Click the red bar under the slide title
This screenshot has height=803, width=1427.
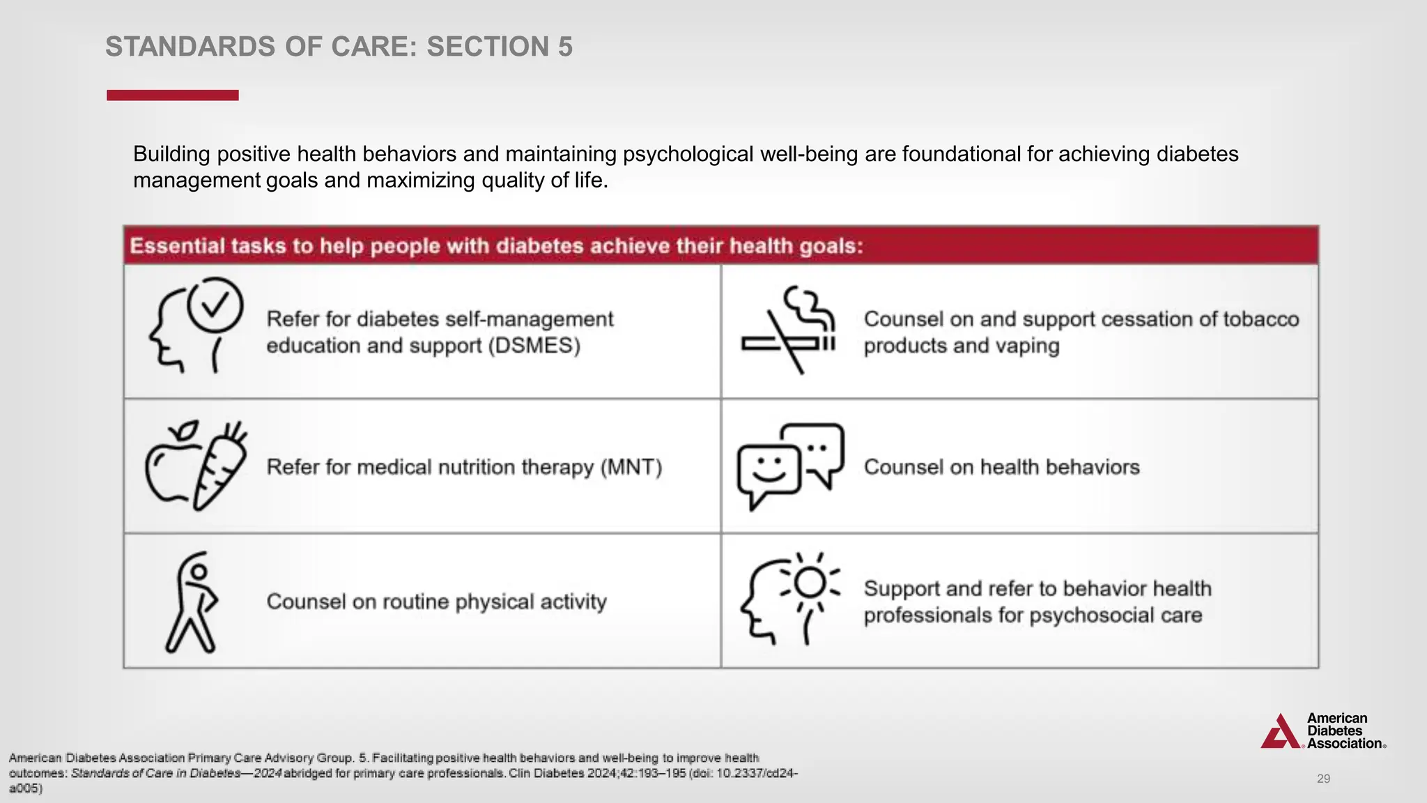point(172,95)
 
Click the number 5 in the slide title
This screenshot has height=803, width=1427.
point(564,47)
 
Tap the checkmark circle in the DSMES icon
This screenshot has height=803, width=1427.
point(215,305)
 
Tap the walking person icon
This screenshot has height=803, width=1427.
point(191,603)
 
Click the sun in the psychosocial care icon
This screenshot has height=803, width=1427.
point(810,582)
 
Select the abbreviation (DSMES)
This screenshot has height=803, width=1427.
point(534,346)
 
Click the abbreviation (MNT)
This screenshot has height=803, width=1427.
point(631,467)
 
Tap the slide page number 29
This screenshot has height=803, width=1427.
point(1323,779)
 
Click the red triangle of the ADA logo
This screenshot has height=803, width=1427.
point(1281,733)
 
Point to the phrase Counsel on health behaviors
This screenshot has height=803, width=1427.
point(1001,467)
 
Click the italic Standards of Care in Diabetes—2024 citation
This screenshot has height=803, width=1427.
point(176,773)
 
